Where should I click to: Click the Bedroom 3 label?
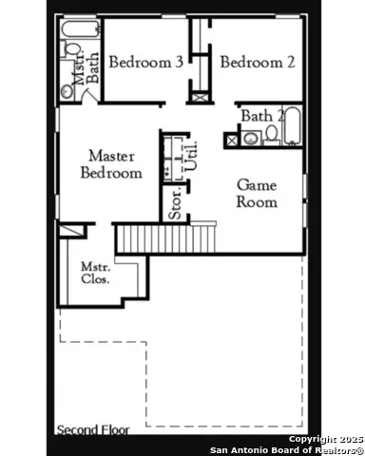point(144,63)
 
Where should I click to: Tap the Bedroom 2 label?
point(257,63)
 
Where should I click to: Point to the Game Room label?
point(257,193)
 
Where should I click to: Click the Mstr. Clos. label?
point(95,273)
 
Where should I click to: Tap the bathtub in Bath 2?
point(294,128)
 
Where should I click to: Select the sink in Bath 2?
point(249,139)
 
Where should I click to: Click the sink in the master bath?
point(67,91)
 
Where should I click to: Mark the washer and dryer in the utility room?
point(172,156)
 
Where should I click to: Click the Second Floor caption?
point(92,430)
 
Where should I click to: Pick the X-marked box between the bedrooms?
point(198,93)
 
